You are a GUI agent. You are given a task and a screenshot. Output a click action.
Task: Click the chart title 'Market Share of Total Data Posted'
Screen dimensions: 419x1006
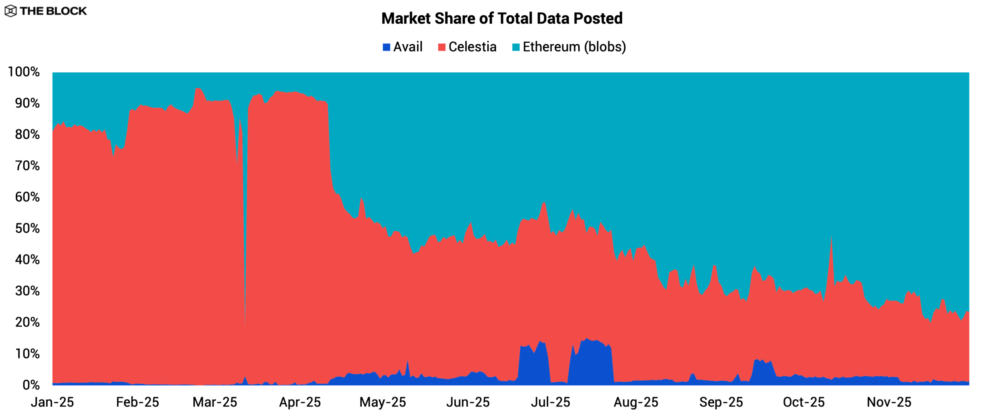(502, 18)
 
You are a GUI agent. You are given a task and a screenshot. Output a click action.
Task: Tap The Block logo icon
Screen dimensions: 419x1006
(11, 11)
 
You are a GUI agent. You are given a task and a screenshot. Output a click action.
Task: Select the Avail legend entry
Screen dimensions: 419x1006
(402, 47)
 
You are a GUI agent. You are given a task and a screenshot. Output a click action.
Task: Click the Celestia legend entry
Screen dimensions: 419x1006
(467, 47)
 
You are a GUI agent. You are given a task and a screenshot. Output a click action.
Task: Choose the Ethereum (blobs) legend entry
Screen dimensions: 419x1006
(569, 47)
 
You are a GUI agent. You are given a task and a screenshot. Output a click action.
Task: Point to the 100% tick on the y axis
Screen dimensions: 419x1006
(24, 72)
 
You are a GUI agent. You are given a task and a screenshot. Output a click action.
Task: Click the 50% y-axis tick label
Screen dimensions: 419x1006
(27, 229)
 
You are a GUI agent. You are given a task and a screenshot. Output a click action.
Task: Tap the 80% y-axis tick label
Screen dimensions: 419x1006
(27, 135)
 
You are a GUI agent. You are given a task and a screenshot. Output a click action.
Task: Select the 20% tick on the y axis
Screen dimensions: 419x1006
(27, 322)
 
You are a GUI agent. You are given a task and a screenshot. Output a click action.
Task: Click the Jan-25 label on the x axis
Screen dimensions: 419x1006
(52, 402)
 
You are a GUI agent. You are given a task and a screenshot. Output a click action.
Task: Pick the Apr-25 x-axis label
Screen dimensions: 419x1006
(300, 402)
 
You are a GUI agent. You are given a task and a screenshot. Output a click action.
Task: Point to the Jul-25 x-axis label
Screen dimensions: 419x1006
(551, 402)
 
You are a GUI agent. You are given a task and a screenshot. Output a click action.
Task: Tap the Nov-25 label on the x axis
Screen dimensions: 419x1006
(889, 402)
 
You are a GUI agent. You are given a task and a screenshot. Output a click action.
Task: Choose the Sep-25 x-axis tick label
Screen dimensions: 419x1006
(721, 402)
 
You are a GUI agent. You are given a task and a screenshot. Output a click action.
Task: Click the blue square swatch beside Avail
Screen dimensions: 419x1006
(386, 48)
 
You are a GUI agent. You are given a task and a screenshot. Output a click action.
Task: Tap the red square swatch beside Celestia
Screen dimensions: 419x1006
(442, 48)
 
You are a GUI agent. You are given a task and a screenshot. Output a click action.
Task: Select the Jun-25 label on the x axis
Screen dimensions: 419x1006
(468, 402)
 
